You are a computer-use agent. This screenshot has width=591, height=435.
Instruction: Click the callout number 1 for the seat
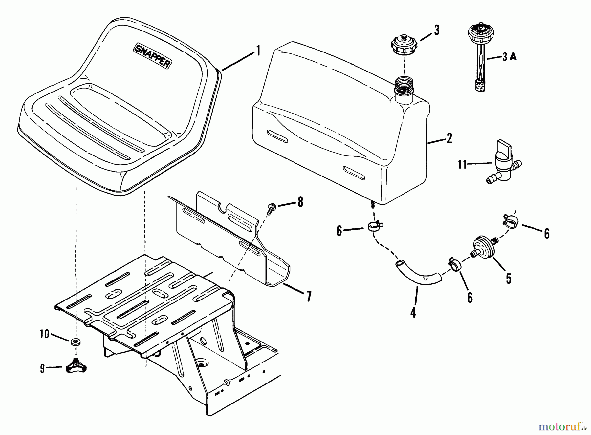coord(258,51)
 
